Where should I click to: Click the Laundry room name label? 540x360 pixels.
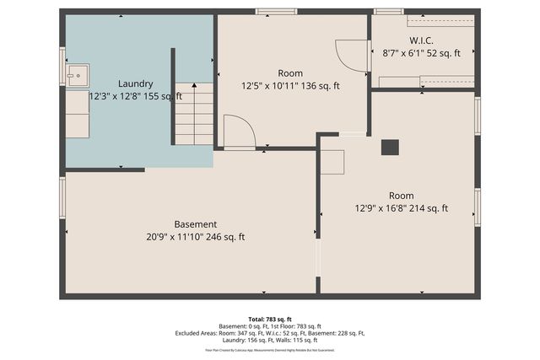[135, 83]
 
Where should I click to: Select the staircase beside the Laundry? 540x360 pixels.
[195, 115]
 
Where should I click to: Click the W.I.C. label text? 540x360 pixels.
[422, 40]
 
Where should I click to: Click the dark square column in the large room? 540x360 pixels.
[390, 148]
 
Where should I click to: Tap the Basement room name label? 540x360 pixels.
[195, 224]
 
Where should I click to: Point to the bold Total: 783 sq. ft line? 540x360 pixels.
[270, 319]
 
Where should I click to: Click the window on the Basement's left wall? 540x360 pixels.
[62, 197]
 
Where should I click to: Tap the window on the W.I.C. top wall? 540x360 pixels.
[389, 12]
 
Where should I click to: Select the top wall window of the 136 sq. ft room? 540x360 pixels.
[275, 12]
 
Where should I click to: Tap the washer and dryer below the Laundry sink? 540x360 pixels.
[78, 114]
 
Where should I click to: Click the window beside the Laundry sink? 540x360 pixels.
[62, 67]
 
